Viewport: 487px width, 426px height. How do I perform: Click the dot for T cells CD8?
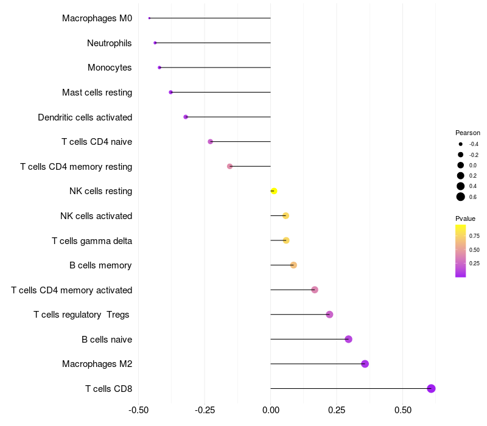pos(431,388)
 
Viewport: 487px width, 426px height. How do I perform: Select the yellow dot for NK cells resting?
pos(273,191)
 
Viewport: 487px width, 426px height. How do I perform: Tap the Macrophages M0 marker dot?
pos(149,18)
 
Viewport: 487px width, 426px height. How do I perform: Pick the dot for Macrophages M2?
pos(365,364)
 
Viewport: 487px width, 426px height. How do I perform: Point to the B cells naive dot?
pos(348,339)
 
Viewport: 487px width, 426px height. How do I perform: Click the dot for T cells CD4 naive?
pos(211,142)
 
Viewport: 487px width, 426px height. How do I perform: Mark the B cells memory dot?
pos(293,265)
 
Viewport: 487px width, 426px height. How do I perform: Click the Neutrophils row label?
pos(110,43)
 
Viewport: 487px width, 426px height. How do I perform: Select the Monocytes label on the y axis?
pos(110,68)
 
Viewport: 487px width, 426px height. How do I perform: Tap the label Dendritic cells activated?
pos(85,117)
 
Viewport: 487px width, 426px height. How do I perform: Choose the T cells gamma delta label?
pos(92,240)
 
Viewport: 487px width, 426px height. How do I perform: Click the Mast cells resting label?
pos(97,93)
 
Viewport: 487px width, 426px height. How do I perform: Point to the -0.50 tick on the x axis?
pos(138,410)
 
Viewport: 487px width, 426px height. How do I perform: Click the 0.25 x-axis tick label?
pos(337,410)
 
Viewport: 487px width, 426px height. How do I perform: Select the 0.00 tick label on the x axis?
pos(270,410)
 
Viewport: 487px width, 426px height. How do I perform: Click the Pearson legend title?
pos(468,133)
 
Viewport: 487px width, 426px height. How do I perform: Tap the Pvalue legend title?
pos(465,218)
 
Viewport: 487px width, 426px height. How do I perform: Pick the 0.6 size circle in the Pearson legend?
pos(461,197)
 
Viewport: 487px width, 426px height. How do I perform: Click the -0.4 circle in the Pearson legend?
pos(461,144)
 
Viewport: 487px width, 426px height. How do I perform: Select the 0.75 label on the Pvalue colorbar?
pos(474,236)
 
